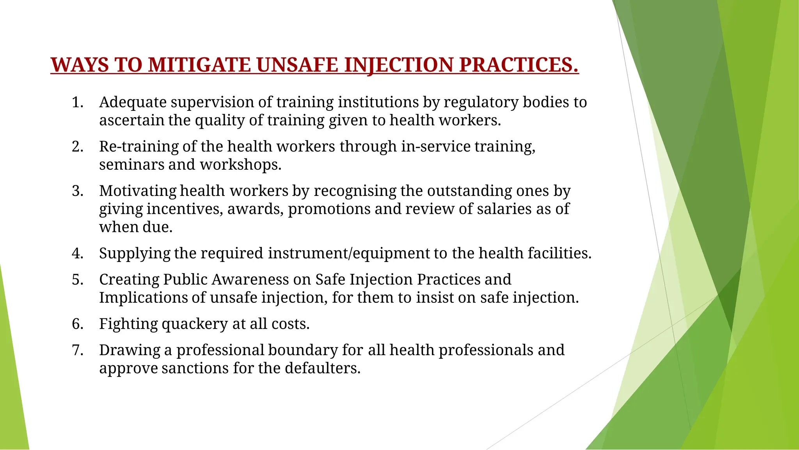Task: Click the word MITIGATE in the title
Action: click(x=199, y=65)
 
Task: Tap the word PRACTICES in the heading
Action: click(x=518, y=65)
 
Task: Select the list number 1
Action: click(x=77, y=102)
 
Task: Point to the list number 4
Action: click(x=77, y=253)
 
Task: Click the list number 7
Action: click(x=77, y=350)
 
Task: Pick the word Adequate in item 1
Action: click(x=133, y=102)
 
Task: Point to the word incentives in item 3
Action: click(x=185, y=209)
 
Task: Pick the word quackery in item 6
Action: click(x=195, y=324)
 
